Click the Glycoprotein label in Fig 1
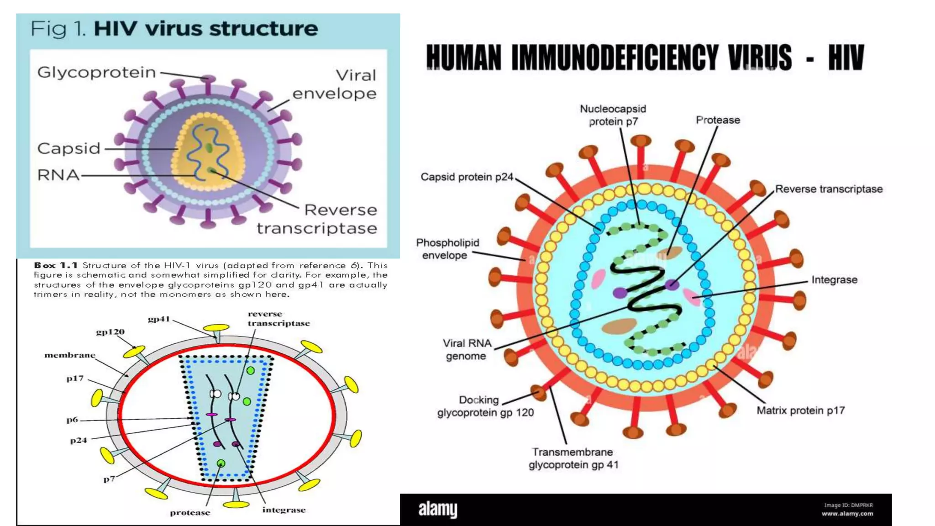(96, 72)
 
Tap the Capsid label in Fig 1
(68, 148)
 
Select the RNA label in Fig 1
(58, 175)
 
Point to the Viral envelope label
(335, 84)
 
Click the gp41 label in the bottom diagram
(158, 319)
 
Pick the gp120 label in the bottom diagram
(110, 332)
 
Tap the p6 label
(72, 420)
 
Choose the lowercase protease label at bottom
(190, 513)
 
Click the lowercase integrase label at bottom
(284, 510)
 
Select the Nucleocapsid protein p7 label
(613, 115)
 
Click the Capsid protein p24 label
(467, 177)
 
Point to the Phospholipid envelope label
(447, 249)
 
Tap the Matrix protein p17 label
(800, 410)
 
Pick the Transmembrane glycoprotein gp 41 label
(573, 458)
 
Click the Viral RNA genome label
(467, 349)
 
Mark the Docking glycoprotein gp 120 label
(485, 406)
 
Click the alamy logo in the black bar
(438, 509)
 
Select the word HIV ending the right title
(846, 58)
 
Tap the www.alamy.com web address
(847, 514)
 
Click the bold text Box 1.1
(56, 265)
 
